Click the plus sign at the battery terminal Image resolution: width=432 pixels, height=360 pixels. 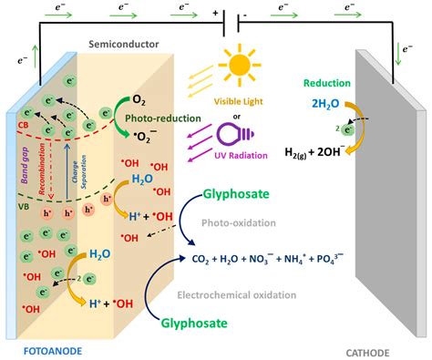coord(216,15)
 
